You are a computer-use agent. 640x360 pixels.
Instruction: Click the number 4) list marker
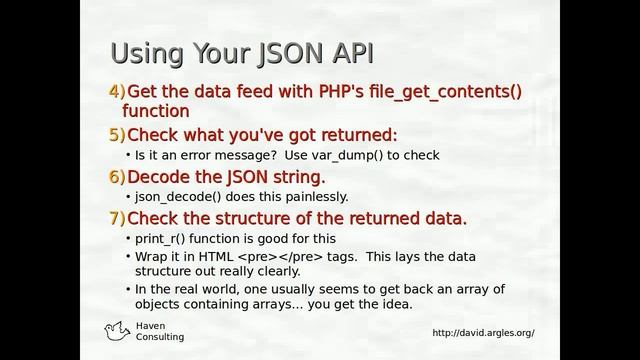117,93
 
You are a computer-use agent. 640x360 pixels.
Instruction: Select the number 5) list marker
117,135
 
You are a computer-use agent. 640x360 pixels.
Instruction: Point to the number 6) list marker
117,177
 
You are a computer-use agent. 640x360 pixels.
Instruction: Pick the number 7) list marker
117,218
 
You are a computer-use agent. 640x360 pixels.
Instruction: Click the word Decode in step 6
161,177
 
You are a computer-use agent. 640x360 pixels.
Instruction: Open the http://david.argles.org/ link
483,333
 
